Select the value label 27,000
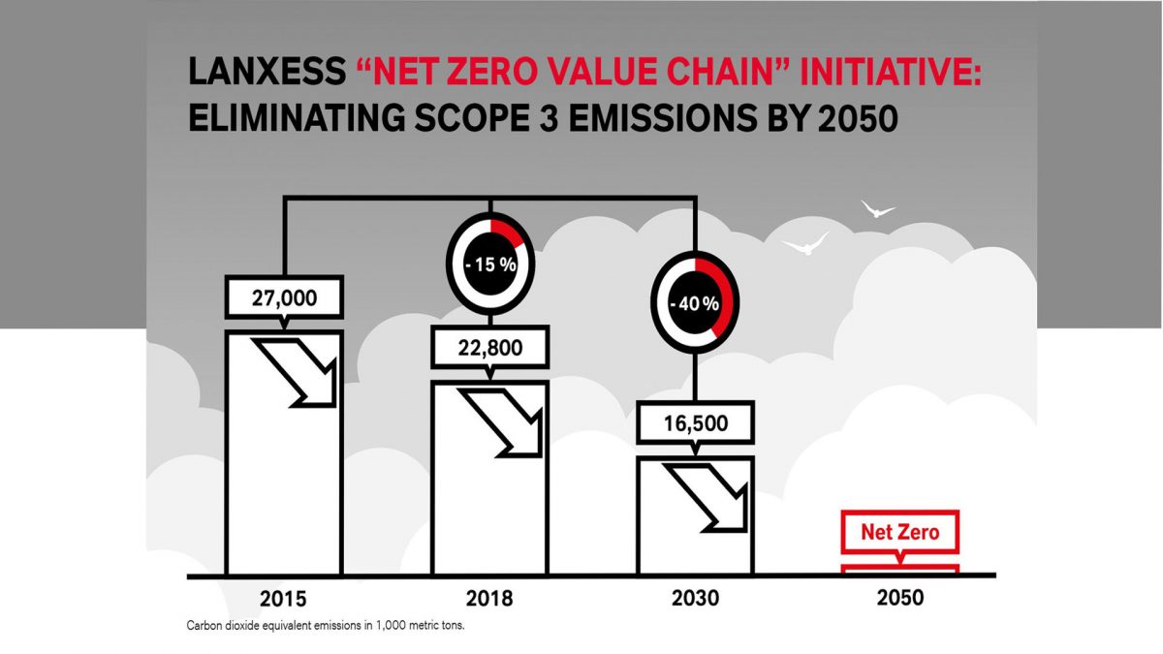coord(284,298)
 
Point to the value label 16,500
coord(696,423)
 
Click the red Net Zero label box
coord(899,532)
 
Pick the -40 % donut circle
coord(696,303)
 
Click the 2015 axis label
coord(285,597)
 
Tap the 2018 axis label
coord(490,597)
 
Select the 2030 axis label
coord(696,597)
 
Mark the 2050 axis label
coord(900,597)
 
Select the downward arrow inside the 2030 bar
coord(713,497)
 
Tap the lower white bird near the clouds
coord(805,244)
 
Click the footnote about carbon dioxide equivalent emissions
coord(326,626)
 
